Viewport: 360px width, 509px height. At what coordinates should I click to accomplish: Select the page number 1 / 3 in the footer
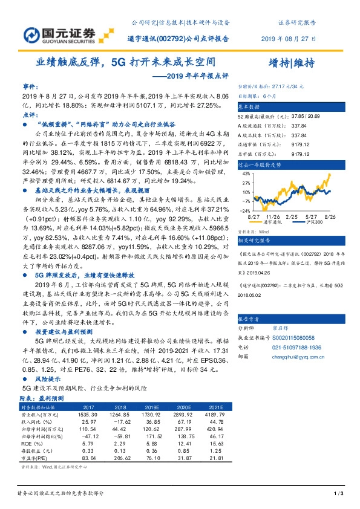339,495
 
